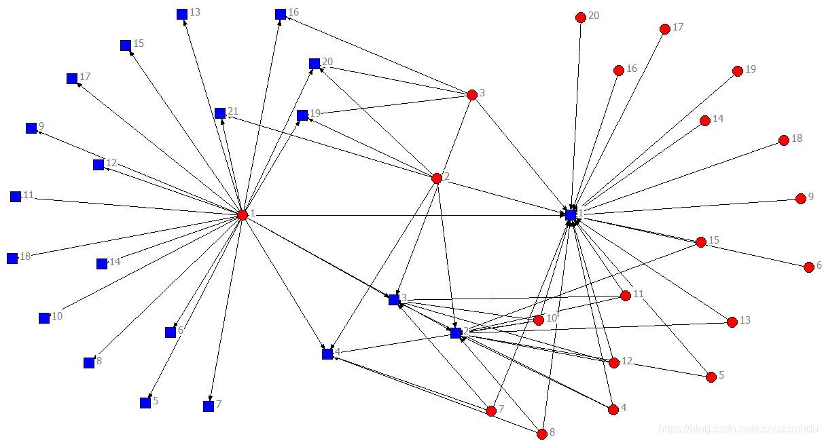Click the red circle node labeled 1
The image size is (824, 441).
[243, 215]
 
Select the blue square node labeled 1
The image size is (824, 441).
[571, 214]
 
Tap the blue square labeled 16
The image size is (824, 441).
[281, 14]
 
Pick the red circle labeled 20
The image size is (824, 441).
[580, 18]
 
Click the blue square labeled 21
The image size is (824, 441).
[220, 113]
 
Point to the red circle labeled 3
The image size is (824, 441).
[472, 95]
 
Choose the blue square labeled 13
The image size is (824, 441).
[182, 14]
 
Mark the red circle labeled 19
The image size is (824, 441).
[738, 71]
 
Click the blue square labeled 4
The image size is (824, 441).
[327, 354]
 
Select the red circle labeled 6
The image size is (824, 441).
[808, 267]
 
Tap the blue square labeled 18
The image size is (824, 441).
[12, 258]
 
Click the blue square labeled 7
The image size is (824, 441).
[209, 406]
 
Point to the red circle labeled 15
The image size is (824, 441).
[701, 242]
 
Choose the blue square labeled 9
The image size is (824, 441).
[31, 128]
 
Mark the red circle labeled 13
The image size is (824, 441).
[732, 322]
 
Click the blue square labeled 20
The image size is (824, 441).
[315, 64]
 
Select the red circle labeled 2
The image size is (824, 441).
[437, 178]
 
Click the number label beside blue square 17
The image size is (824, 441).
[85, 77]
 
